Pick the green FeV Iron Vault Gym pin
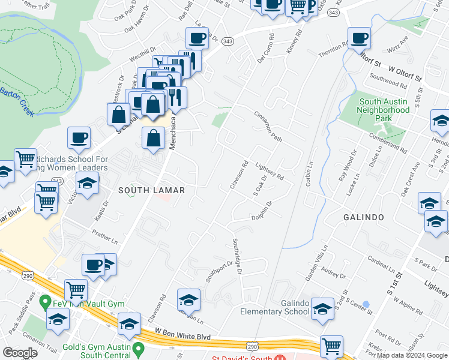(x=44, y=301)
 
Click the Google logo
(x=20, y=353)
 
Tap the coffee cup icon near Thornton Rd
(x=359, y=39)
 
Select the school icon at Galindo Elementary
(x=322, y=309)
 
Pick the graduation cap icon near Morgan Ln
(x=188, y=299)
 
